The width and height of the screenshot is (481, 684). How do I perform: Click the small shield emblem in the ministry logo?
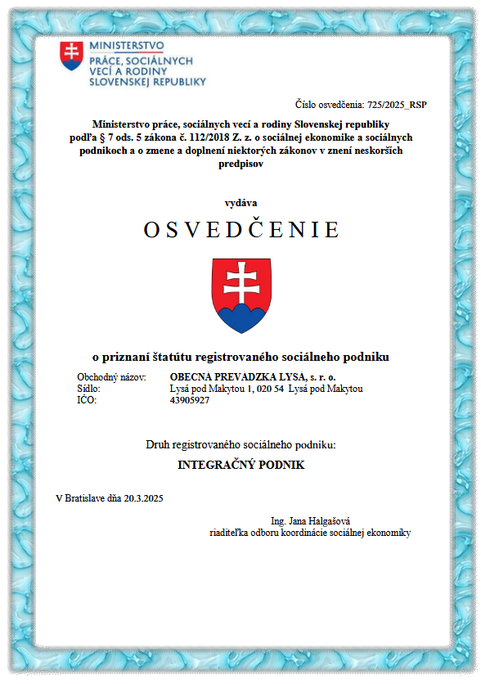tap(71, 55)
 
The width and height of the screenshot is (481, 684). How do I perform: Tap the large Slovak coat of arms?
tap(240, 295)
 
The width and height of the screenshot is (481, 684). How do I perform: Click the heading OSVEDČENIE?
tap(240, 231)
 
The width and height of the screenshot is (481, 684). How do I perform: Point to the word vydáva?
tap(240, 202)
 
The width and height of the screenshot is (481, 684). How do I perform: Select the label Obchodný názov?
tap(110, 376)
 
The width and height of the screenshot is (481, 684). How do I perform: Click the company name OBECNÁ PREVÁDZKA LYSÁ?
tap(223, 376)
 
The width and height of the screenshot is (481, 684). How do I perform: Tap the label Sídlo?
tap(89, 388)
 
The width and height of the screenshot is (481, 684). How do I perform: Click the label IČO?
tap(87, 400)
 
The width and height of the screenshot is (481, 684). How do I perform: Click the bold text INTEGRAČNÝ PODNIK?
tap(240, 464)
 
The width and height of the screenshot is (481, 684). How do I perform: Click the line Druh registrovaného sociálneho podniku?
tap(240, 444)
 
